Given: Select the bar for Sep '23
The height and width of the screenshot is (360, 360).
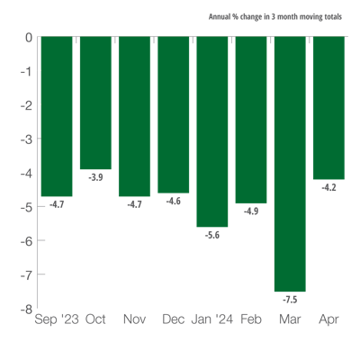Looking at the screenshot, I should [x=57, y=116].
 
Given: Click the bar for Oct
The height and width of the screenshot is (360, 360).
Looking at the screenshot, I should [x=95, y=103].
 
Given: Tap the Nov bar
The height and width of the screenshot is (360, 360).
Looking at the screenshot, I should [x=134, y=116].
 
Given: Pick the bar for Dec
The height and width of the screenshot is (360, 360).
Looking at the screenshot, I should [x=174, y=114].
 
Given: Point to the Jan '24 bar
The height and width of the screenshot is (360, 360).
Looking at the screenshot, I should [x=212, y=131].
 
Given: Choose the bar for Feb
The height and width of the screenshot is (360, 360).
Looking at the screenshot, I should [x=251, y=120].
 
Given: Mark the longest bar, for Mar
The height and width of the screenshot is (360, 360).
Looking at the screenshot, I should [x=290, y=164].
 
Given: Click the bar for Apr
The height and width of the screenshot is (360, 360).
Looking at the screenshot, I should [x=329, y=108].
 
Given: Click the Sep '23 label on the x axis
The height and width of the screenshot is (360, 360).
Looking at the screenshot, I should [x=57, y=318].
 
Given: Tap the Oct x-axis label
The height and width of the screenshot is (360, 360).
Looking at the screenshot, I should [x=95, y=318].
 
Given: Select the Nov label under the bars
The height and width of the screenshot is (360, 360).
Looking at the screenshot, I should [x=135, y=318].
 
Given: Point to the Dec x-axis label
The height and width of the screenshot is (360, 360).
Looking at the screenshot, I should [x=174, y=318].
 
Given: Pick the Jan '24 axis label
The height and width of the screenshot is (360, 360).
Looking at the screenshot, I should [x=212, y=318].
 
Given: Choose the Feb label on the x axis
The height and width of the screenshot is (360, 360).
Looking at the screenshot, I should [x=251, y=318].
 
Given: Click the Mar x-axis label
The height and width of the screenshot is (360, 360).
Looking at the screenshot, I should [x=290, y=318].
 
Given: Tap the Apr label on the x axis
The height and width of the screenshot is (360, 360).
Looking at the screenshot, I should [x=329, y=318].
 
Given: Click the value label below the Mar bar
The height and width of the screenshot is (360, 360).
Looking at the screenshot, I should [x=290, y=299].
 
